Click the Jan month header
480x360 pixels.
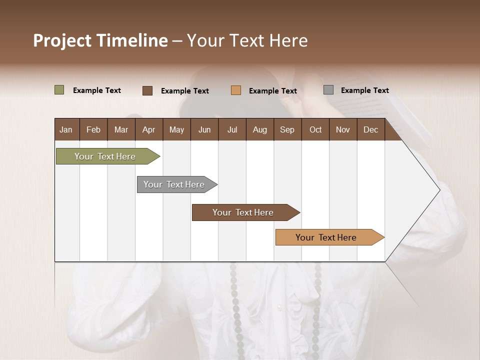click(66, 129)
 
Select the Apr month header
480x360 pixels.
click(148, 129)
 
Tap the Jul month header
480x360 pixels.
click(232, 129)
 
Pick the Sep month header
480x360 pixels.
click(287, 129)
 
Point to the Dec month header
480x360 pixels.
click(370, 129)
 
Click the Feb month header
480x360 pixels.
click(93, 129)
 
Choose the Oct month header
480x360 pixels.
click(315, 129)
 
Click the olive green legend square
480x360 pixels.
click(59, 90)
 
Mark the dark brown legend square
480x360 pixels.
click(147, 90)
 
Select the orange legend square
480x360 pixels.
click(236, 90)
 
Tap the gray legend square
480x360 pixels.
click(328, 90)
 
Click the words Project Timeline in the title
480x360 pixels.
click(100, 40)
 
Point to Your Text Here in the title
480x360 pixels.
click(247, 40)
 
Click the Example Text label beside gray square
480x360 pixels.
click(364, 90)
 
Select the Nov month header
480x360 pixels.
click(343, 129)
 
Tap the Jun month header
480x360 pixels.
click(204, 129)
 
